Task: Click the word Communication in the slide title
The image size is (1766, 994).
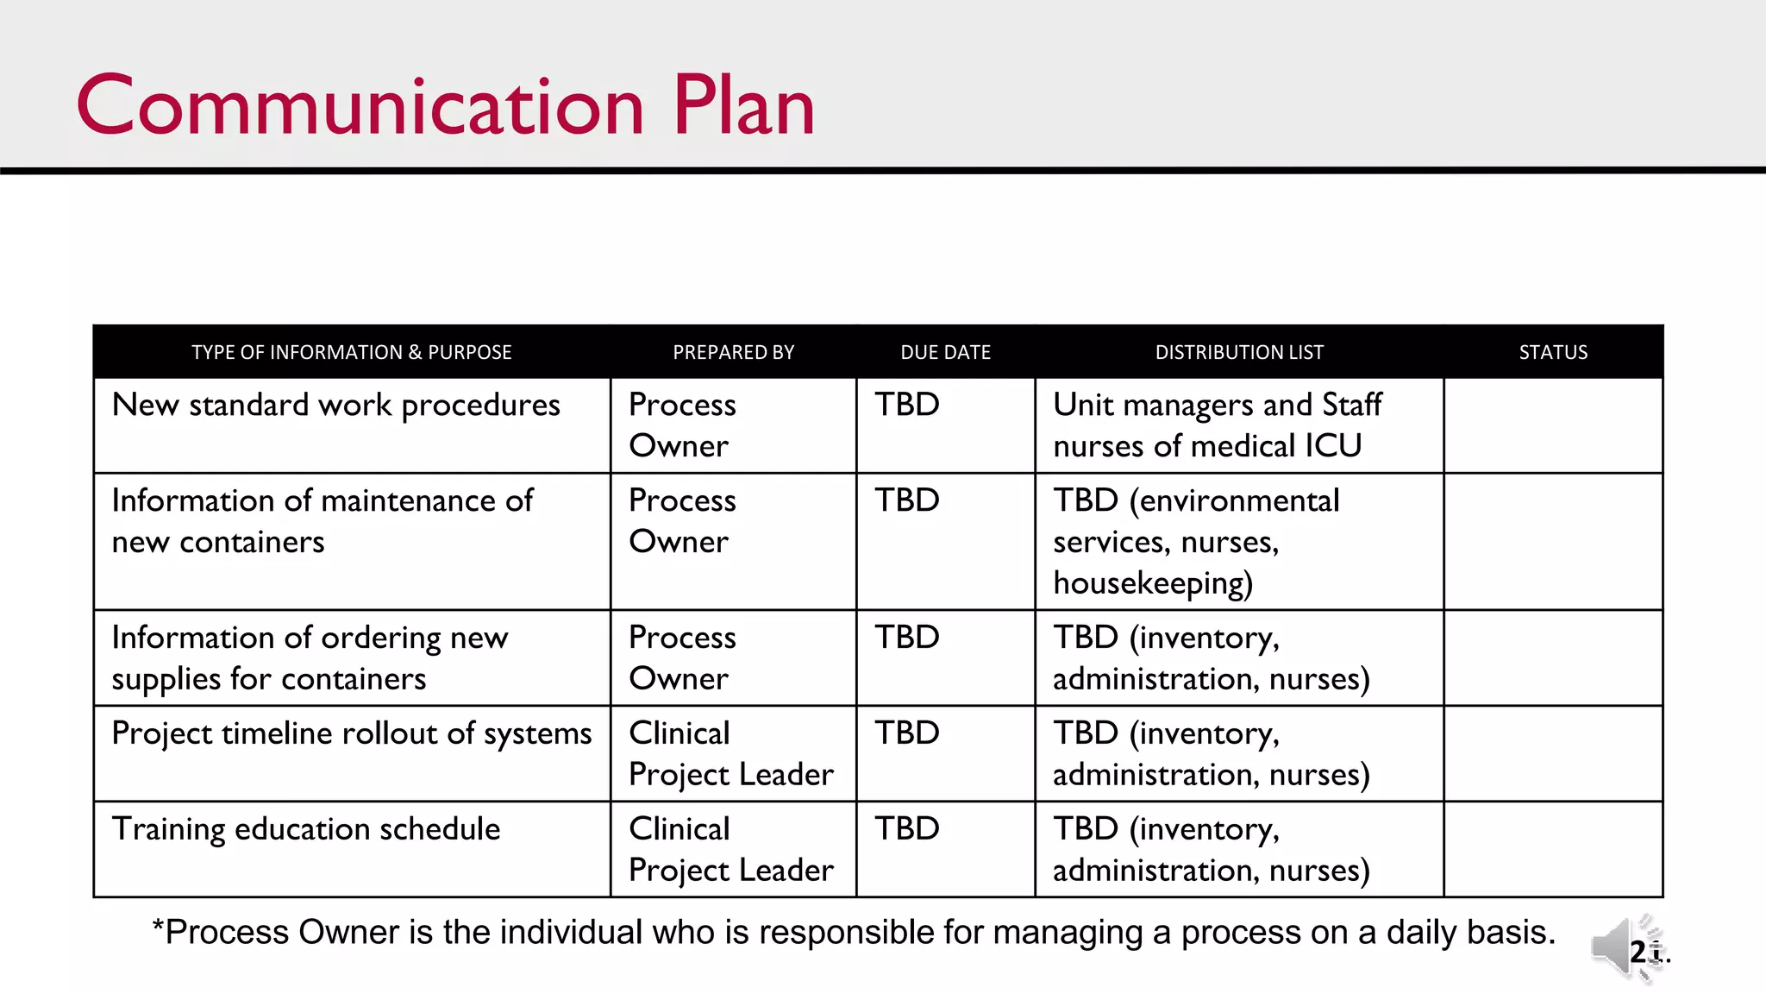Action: [x=360, y=106]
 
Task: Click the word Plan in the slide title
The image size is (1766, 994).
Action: [x=743, y=106]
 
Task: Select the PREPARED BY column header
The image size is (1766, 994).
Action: [x=733, y=352]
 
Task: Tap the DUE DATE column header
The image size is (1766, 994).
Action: [x=945, y=352]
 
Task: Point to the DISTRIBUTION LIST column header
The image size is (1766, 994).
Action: [x=1239, y=352]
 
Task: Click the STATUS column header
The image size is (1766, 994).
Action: [x=1553, y=352]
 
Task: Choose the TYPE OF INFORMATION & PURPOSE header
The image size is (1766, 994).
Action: [x=351, y=352]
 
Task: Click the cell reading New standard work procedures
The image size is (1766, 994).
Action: [x=335, y=405]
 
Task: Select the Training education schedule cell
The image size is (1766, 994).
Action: [x=306, y=828]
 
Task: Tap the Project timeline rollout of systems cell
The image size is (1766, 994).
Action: [x=351, y=733]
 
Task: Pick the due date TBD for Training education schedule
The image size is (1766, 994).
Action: [x=907, y=828]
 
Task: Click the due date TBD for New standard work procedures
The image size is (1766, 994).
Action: [x=907, y=405]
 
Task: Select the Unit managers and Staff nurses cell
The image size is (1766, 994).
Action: [x=1217, y=425]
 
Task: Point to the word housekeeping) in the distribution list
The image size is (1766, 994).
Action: [x=1153, y=583]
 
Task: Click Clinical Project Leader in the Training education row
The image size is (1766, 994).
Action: [x=730, y=849]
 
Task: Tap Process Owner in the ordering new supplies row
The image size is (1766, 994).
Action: [x=682, y=657]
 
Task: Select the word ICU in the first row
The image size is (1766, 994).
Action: [x=1333, y=446]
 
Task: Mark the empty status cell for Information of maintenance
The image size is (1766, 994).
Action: [x=1553, y=541]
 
